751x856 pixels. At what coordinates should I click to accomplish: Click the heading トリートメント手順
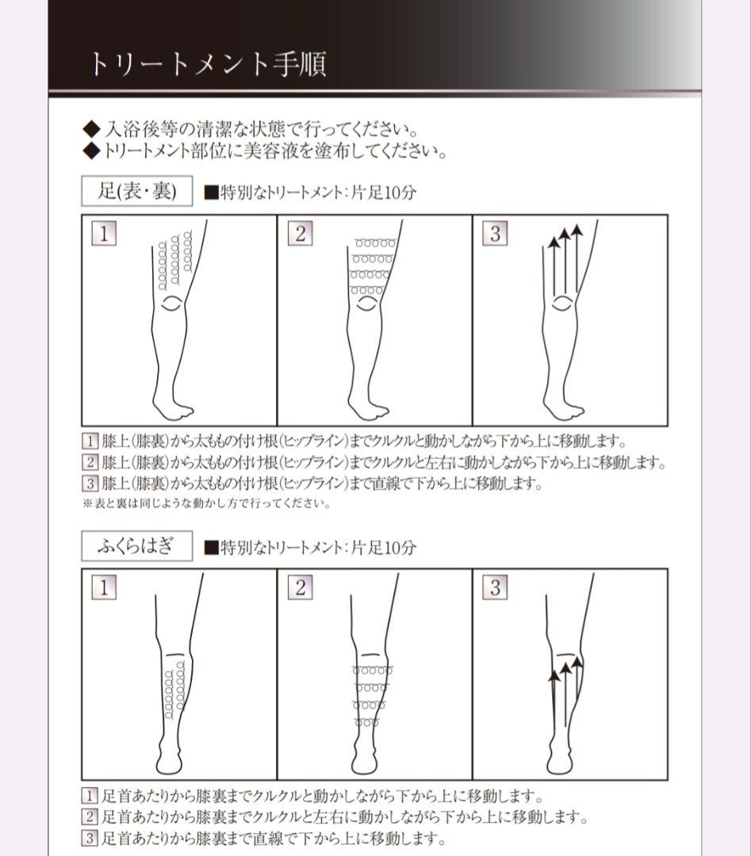(206, 63)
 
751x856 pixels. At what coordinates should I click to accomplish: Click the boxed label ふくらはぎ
(137, 546)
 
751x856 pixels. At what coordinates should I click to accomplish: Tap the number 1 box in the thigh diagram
(104, 234)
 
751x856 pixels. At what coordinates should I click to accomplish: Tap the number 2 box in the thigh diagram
(301, 234)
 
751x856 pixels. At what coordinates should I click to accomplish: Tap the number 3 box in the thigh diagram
(496, 234)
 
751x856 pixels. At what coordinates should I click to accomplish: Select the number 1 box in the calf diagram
(104, 587)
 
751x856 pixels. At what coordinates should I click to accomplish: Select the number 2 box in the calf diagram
(301, 587)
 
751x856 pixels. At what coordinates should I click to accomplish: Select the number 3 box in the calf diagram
(496, 587)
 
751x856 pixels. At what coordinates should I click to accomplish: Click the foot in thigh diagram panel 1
(172, 407)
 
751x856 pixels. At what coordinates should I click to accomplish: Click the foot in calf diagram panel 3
(560, 762)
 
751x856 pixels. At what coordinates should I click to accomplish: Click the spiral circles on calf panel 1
(174, 691)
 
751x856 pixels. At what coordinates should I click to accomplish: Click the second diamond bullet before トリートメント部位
(91, 151)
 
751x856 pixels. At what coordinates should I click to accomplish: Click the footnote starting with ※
(206, 503)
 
